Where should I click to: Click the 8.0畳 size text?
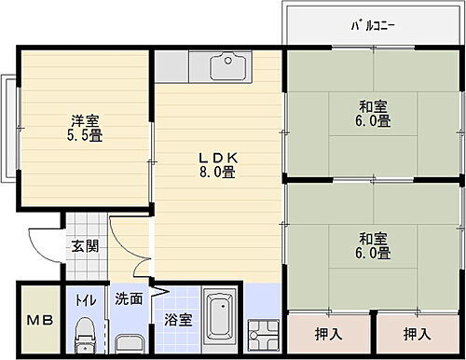(x=214, y=173)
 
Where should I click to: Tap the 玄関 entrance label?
(x=84, y=247)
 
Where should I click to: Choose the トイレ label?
(x=84, y=300)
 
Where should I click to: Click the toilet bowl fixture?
(x=85, y=333)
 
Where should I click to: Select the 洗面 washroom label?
(x=129, y=300)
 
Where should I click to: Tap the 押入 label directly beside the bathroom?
(x=327, y=333)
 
